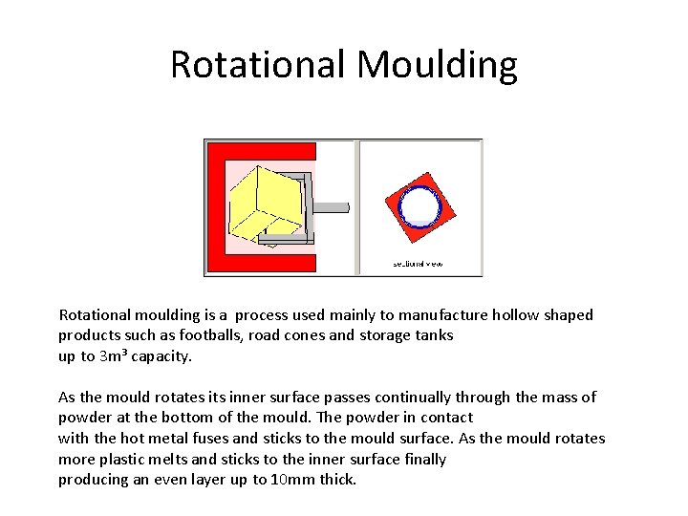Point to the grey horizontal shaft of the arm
(x=331, y=207)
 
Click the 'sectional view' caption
(x=419, y=264)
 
